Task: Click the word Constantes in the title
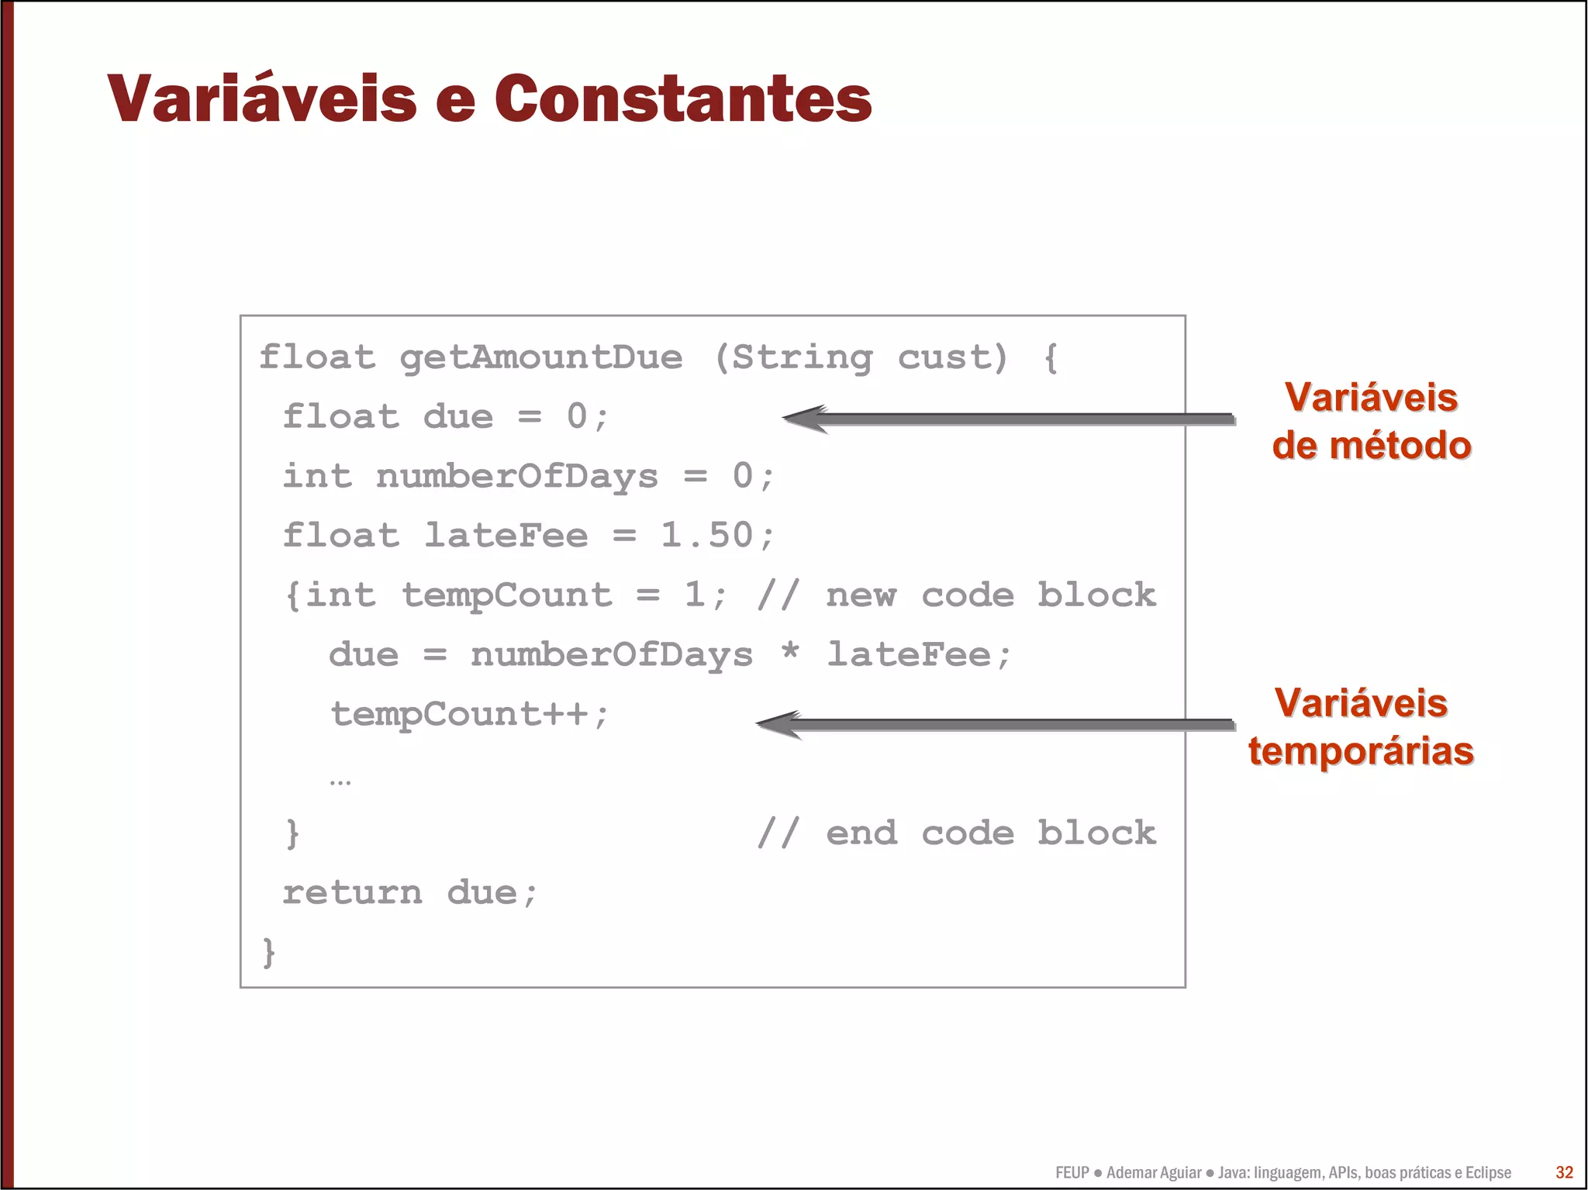682,99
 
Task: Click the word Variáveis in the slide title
262,99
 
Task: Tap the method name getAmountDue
540,358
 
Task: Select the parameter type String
802,358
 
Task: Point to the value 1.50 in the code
706,536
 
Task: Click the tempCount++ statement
470,714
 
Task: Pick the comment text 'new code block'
990,595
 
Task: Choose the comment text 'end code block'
990,833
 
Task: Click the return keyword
352,893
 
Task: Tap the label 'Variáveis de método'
1371,422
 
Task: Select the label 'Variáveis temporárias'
1361,727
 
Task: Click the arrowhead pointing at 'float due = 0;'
803,419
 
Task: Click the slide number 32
1564,1172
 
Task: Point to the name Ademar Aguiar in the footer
1154,1173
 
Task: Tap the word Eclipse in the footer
1488,1173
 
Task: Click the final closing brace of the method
269,952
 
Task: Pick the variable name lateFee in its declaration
506,536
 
